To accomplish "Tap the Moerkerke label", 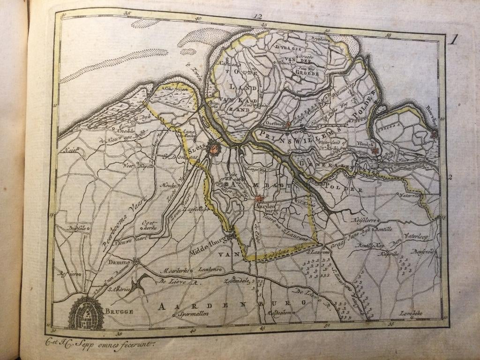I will (172, 270).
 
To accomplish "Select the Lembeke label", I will (411, 313).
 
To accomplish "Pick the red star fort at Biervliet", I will (434, 135).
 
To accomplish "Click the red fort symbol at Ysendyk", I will (374, 150).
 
